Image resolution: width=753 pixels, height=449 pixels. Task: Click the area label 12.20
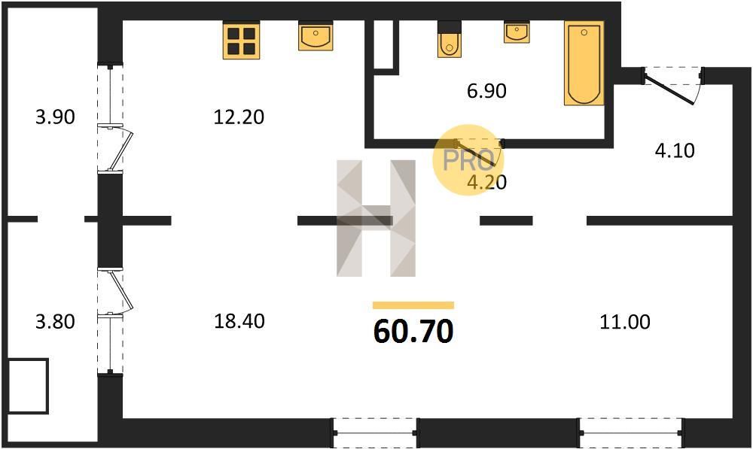[239, 117]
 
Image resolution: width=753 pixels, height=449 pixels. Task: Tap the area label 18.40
[239, 321]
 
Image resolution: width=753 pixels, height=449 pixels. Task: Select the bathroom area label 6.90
[486, 91]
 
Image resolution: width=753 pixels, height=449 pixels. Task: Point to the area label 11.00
[625, 321]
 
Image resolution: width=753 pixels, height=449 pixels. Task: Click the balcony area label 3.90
[55, 117]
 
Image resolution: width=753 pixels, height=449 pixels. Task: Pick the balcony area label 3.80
[55, 321]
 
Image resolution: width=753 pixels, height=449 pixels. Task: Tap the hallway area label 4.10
[675, 151]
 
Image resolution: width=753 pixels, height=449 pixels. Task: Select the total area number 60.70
[413, 332]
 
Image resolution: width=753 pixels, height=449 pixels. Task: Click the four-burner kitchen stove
[241, 41]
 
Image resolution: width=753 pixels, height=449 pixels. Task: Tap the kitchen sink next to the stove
[315, 35]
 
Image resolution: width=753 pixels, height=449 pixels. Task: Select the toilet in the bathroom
[450, 39]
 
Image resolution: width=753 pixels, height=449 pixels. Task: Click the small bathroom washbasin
[517, 32]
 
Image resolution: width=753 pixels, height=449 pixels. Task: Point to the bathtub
[584, 63]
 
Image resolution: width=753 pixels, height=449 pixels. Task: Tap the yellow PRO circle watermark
[468, 159]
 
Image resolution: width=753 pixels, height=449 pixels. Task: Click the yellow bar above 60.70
[413, 305]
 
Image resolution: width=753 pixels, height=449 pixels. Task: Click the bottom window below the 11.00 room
[630, 432]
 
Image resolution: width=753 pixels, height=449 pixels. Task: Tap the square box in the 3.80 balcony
[29, 386]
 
